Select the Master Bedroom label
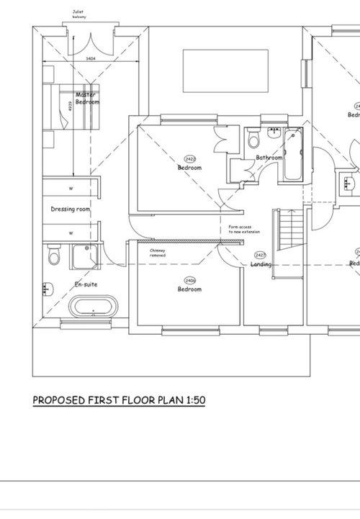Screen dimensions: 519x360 pos(86,99)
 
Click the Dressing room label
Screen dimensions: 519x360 pos(71,209)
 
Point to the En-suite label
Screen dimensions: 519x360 pos(86,285)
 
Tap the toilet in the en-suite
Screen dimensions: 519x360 pos(53,256)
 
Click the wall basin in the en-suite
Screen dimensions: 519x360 pos(47,289)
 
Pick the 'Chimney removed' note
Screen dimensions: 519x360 pos(158,253)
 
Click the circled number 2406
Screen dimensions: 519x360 pos(190,280)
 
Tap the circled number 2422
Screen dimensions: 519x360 pos(190,158)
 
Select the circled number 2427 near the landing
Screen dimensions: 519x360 pos(261,255)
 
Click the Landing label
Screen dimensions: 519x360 pos(261,265)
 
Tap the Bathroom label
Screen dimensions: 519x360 pos(268,158)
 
